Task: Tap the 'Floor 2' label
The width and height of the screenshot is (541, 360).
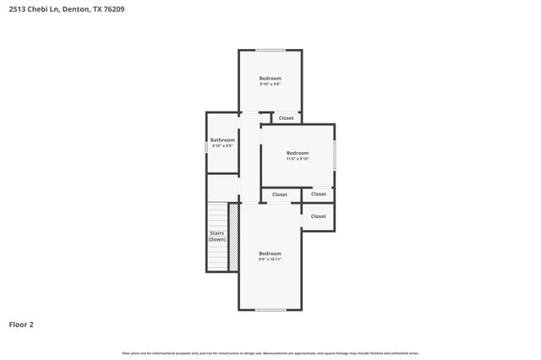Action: pyautogui.click(x=21, y=324)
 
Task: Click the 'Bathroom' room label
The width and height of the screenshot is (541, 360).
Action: pyautogui.click(x=222, y=139)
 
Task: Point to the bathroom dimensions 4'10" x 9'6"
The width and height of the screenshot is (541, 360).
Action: pyautogui.click(x=222, y=145)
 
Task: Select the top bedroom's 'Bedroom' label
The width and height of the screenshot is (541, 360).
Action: pyautogui.click(x=270, y=78)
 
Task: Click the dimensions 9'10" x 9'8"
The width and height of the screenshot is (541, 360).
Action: pyautogui.click(x=270, y=84)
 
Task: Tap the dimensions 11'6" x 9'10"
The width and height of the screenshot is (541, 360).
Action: pyautogui.click(x=298, y=159)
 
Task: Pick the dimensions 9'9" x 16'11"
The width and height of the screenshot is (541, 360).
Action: pyautogui.click(x=270, y=259)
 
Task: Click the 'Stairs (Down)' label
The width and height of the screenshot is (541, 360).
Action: pyautogui.click(x=217, y=236)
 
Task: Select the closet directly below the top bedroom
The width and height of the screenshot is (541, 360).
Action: pyautogui.click(x=287, y=117)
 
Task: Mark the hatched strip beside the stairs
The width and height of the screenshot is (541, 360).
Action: pyautogui.click(x=233, y=237)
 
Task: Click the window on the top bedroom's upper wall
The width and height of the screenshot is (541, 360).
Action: pyautogui.click(x=270, y=50)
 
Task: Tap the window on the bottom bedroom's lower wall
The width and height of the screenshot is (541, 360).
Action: pyautogui.click(x=270, y=310)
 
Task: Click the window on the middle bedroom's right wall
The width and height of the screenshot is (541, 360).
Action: pyautogui.click(x=335, y=155)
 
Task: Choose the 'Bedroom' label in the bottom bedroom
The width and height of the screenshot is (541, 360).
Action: pyautogui.click(x=270, y=254)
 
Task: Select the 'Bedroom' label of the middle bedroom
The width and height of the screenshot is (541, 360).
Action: pyautogui.click(x=298, y=153)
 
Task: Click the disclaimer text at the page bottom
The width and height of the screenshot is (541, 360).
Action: pyautogui.click(x=270, y=353)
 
